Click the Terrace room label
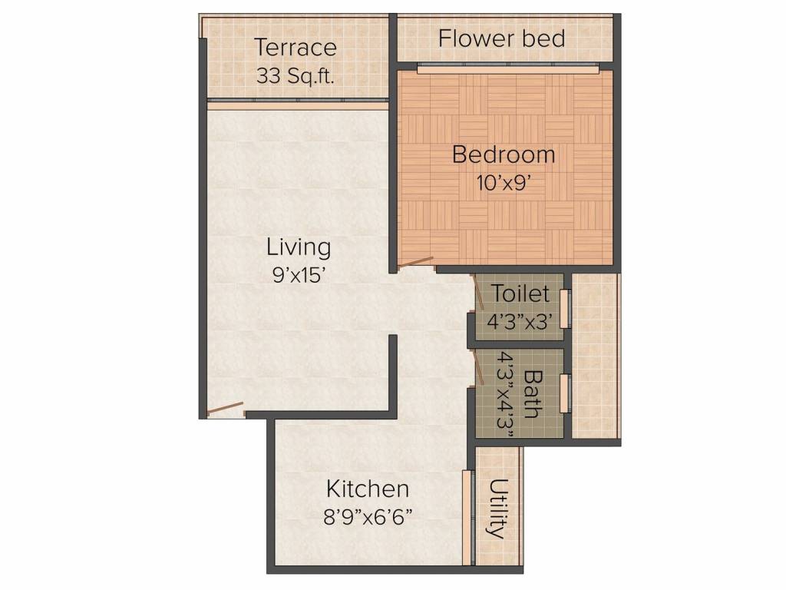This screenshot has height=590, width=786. point(296,48)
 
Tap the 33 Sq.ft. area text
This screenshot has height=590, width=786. point(296,76)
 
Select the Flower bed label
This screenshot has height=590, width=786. point(502,38)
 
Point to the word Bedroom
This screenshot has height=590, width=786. point(504,154)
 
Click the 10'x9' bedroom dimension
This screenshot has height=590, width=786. point(504,183)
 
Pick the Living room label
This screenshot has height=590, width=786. point(299,247)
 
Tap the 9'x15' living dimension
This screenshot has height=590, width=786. point(299,275)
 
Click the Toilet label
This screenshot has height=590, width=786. point(520,293)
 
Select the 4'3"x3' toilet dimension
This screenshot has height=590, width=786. point(520,320)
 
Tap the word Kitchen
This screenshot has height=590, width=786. point(368,489)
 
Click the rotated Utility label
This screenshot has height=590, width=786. point(499,509)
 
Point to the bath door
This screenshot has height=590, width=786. point(479,366)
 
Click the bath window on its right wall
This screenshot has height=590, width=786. point(565,393)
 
